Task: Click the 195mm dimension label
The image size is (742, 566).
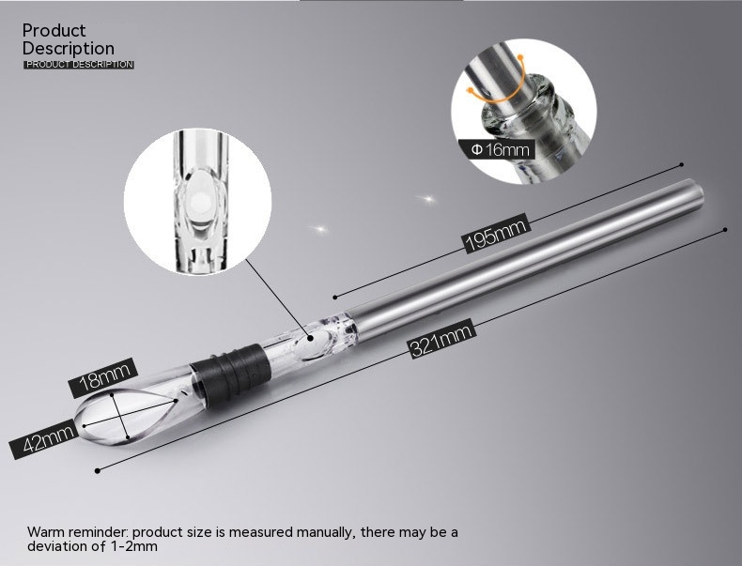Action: [x=496, y=233]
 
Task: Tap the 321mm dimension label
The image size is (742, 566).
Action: [x=441, y=339]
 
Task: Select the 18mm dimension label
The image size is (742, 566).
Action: [x=103, y=377]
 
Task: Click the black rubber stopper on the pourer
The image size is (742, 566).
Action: [x=231, y=371]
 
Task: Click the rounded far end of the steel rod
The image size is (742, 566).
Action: [x=697, y=195]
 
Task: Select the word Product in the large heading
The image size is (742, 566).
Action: [x=54, y=31]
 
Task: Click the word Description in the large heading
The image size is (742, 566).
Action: [x=69, y=49]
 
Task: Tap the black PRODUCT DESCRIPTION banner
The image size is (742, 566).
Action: [x=79, y=65]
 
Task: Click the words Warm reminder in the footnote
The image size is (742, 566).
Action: [x=78, y=532]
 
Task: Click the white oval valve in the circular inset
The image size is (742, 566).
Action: [x=199, y=198]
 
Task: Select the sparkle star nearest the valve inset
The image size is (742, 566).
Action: [x=320, y=229]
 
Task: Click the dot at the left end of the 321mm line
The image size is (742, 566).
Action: [x=98, y=470]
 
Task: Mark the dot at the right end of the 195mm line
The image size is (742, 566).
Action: [x=682, y=164]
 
